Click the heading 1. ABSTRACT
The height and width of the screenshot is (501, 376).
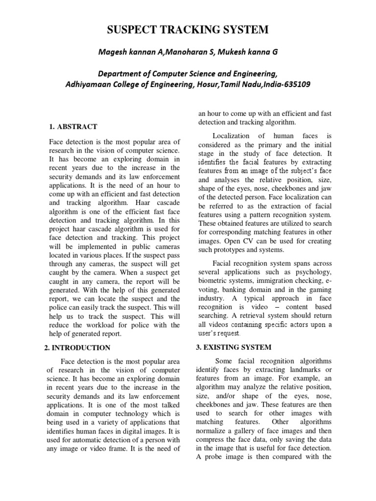73,127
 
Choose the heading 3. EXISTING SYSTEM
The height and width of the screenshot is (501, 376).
235,347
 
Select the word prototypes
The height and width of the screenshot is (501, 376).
230,250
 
